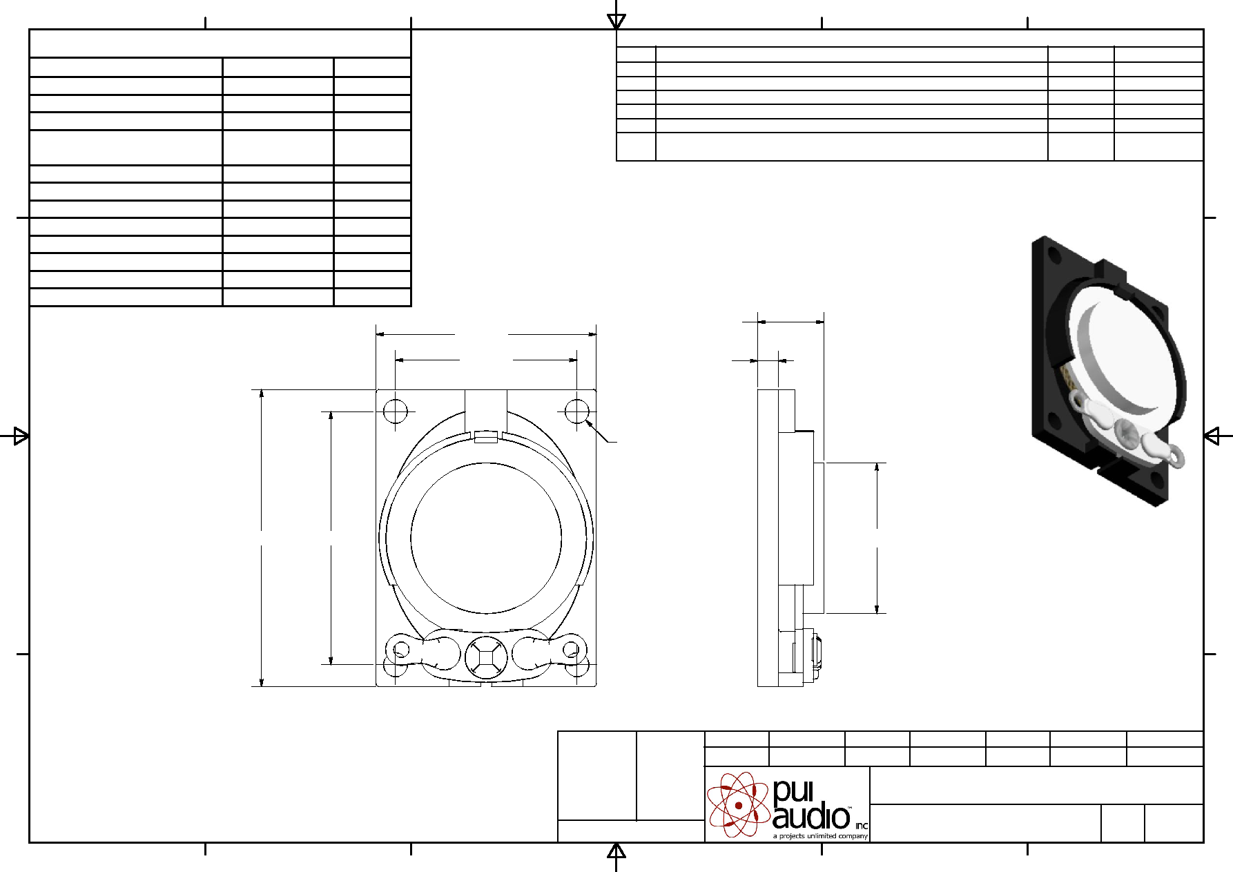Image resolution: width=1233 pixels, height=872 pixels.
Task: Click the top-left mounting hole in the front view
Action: (x=395, y=411)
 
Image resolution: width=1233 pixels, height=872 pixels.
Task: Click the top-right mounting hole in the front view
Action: (x=576, y=411)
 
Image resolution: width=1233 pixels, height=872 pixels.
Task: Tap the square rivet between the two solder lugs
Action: (x=486, y=657)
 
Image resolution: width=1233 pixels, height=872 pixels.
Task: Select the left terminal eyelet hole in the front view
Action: (x=401, y=650)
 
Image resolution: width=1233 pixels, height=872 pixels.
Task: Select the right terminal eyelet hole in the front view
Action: (x=571, y=650)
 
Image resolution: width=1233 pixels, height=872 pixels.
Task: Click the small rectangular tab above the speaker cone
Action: (x=486, y=436)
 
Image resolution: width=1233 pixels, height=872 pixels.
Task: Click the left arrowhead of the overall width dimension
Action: (x=380, y=334)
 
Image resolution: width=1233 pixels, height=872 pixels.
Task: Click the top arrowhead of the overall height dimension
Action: (x=262, y=394)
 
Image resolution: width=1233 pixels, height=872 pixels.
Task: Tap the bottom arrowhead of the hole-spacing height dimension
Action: (x=331, y=660)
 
